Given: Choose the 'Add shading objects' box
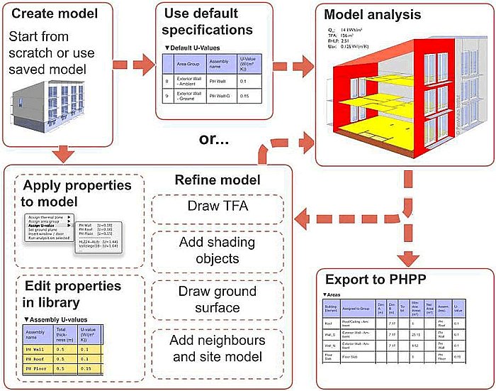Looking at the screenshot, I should tap(218, 250).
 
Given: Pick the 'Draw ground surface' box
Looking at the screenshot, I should tap(218, 300).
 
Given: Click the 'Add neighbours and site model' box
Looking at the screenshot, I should tap(218, 348).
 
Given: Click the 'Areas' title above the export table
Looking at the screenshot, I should tap(334, 294).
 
